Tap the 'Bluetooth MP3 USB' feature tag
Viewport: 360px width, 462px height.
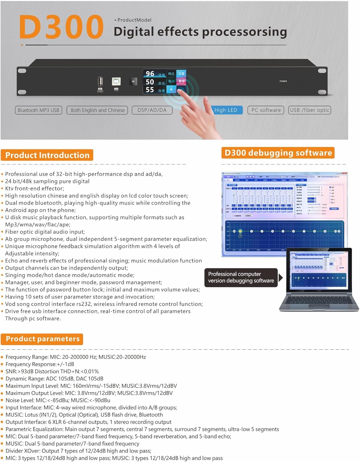click(x=38, y=110)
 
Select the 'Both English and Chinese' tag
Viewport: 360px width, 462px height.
click(x=98, y=110)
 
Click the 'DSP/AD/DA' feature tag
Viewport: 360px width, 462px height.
click(x=152, y=110)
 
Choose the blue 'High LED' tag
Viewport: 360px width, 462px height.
click(x=226, y=110)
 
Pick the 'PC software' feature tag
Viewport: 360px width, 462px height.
click(x=266, y=110)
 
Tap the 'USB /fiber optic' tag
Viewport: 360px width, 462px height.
click(x=310, y=110)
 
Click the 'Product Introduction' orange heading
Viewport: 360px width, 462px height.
click(x=47, y=155)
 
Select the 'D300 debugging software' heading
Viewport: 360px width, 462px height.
click(x=278, y=153)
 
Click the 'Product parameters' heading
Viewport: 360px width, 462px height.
click(x=42, y=339)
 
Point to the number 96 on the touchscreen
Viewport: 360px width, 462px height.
click(x=150, y=74)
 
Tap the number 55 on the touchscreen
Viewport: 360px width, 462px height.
click(x=150, y=90)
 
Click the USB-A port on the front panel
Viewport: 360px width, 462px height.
click(x=100, y=82)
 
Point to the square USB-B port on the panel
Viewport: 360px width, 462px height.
click(x=116, y=81)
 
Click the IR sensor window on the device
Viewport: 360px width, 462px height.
click(x=133, y=82)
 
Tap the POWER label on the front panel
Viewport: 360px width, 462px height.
click(x=283, y=81)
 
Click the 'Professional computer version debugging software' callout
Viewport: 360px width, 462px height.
click(x=241, y=278)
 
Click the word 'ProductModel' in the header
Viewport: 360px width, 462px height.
click(x=134, y=20)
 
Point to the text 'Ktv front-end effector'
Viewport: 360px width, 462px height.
click(x=34, y=188)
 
